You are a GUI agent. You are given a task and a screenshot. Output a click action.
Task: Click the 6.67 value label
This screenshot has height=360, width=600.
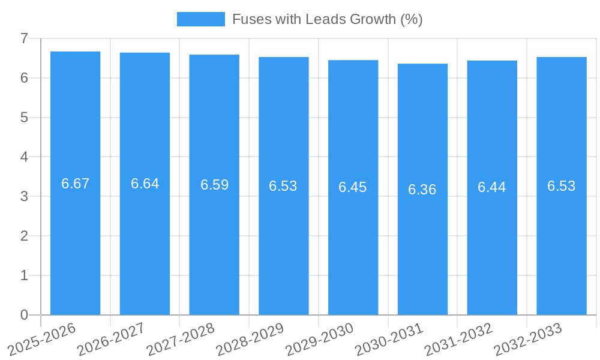pyautogui.click(x=76, y=184)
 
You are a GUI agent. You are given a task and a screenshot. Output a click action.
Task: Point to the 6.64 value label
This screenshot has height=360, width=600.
pyautogui.click(x=145, y=184)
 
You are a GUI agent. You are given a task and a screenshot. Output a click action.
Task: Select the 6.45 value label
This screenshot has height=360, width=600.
pyautogui.click(x=353, y=187)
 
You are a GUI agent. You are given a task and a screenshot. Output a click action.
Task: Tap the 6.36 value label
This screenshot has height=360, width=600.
pyautogui.click(x=422, y=190)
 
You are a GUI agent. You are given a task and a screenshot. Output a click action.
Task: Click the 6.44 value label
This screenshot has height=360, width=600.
pyautogui.click(x=492, y=187)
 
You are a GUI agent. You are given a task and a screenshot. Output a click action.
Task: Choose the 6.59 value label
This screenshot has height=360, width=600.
pyautogui.click(x=215, y=185)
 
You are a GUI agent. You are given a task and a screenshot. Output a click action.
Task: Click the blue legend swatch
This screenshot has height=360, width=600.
pyautogui.click(x=200, y=19)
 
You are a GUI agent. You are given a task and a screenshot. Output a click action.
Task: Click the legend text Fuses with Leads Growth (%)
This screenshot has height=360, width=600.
pyautogui.click(x=328, y=19)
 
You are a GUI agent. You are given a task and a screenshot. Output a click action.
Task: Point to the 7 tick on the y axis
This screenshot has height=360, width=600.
pyautogui.click(x=24, y=38)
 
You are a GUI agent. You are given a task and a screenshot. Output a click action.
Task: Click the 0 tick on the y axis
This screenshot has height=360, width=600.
pyautogui.click(x=24, y=315)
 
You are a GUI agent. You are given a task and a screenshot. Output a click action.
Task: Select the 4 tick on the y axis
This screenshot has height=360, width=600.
pyautogui.click(x=24, y=157)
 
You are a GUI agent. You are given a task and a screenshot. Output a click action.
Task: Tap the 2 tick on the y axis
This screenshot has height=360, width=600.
pyautogui.click(x=24, y=236)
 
